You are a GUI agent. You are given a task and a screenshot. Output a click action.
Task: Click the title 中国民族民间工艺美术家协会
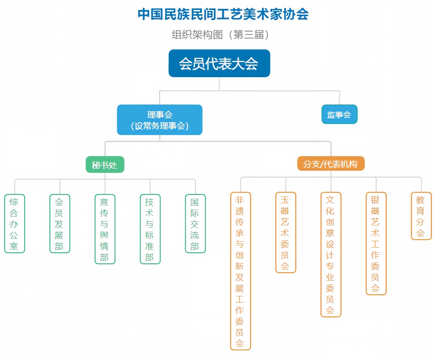point(223,14)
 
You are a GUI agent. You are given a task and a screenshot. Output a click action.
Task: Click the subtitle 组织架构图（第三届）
point(221,35)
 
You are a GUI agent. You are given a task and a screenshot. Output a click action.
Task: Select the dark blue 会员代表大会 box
point(219,63)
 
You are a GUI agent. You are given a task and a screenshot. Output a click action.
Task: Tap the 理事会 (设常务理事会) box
point(160,120)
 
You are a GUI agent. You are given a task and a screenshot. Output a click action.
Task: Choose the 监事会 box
point(339,114)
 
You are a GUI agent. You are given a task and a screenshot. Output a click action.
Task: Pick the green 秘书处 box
point(105,164)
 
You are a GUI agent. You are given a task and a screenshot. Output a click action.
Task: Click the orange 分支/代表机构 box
point(330,163)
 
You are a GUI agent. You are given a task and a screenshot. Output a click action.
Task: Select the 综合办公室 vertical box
point(15,224)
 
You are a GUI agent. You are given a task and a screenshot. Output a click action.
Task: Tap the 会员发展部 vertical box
point(60,224)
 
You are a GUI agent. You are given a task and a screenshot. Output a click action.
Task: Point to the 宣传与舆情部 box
point(105,229)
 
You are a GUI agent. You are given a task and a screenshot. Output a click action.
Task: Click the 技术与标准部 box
point(150,229)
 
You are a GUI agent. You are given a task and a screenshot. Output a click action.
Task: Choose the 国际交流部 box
point(195,224)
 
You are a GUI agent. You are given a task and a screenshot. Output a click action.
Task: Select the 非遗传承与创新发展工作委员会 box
point(241,271)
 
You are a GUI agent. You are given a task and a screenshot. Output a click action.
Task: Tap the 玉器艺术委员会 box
point(286,233)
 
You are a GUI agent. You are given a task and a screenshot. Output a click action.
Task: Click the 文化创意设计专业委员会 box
point(330,254)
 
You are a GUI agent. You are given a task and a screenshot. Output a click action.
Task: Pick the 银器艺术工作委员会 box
point(376,243)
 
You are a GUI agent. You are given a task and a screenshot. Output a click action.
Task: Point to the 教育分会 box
point(421,216)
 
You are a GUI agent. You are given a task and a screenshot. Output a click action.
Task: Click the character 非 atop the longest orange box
point(240,200)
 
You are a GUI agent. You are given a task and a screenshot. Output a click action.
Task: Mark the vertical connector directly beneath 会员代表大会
point(220,84)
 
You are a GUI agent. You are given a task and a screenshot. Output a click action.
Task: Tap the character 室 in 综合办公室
point(14,246)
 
